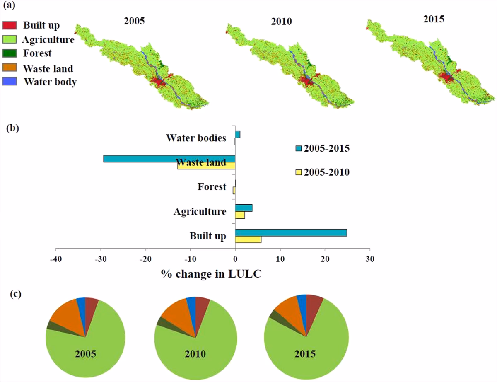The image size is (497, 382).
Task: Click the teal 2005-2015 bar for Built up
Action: (291, 232)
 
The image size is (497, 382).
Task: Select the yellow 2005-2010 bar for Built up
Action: (248, 239)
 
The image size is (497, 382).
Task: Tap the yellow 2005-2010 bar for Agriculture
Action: (240, 215)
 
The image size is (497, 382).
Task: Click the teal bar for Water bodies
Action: (238, 134)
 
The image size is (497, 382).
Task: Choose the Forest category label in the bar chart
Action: (212, 186)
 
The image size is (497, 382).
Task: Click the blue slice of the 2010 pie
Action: (191, 303)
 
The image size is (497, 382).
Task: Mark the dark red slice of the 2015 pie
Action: (314, 305)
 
